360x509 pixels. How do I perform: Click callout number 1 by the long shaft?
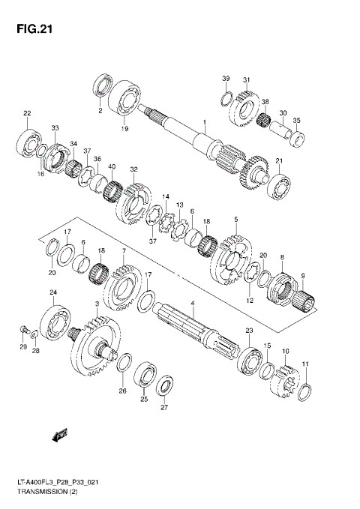(x=202, y=121)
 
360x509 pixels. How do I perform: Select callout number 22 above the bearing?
(x=27, y=113)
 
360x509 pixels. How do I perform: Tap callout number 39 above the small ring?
(x=225, y=79)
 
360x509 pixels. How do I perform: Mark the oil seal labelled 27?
(x=164, y=388)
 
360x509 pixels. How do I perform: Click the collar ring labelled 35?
(x=296, y=137)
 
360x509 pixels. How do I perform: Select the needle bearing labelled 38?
(x=262, y=118)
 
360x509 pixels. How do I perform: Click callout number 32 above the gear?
(x=133, y=169)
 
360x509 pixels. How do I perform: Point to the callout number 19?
(x=124, y=128)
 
